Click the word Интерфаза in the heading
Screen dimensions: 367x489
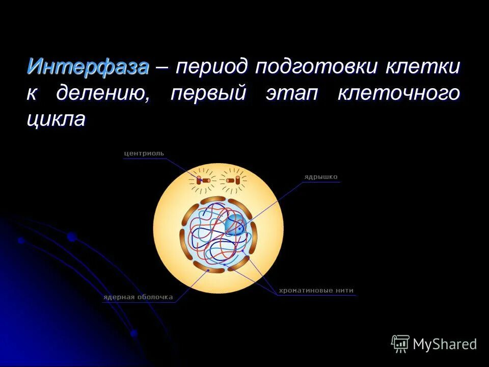click(88, 67)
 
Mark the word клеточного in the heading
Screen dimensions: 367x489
click(398, 94)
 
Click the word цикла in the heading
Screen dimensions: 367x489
click(56, 120)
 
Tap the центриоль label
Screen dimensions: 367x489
click(144, 153)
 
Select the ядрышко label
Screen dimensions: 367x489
click(321, 177)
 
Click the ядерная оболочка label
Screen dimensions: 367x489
click(138, 297)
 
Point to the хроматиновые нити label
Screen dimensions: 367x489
click(316, 291)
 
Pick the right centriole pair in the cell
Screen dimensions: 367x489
click(233, 180)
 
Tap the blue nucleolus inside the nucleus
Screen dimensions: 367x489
click(235, 225)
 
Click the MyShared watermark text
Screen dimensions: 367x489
click(445, 344)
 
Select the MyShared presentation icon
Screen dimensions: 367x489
click(400, 344)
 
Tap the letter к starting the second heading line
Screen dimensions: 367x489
click(33, 94)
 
